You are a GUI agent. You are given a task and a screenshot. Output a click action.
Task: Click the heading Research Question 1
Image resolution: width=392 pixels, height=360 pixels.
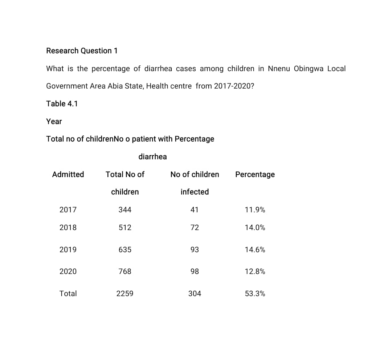point(82,51)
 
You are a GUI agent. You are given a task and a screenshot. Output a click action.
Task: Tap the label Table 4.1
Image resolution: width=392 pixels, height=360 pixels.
point(62,104)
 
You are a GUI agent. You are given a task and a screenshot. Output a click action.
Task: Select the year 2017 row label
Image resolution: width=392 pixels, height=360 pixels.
point(68,210)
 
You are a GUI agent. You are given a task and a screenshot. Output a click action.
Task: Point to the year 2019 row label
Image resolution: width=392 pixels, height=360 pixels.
point(68,250)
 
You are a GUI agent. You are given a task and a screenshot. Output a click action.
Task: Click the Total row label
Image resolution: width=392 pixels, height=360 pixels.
point(68,294)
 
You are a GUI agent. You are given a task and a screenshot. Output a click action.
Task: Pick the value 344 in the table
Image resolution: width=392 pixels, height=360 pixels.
point(125,210)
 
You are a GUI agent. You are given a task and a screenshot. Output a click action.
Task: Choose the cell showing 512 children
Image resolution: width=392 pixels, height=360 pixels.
point(125,228)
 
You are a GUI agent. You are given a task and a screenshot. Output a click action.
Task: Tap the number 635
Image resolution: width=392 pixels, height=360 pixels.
point(125,250)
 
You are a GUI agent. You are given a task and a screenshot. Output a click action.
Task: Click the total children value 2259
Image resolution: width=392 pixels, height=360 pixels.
point(125,294)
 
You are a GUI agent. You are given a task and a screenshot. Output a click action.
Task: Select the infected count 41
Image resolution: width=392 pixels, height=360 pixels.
point(195,210)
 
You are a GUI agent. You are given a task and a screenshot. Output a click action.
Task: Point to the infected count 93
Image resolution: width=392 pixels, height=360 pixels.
point(195,250)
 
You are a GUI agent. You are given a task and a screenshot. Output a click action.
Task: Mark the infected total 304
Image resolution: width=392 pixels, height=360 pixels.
point(195,294)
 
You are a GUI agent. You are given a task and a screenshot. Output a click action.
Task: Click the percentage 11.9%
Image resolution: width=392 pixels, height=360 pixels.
point(255,210)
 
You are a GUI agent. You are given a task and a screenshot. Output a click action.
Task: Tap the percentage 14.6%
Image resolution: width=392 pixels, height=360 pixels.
point(255,250)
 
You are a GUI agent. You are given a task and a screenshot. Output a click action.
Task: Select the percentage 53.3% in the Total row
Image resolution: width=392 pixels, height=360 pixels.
point(255,294)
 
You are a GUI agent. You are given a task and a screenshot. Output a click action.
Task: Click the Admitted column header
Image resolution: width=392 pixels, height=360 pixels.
point(68,175)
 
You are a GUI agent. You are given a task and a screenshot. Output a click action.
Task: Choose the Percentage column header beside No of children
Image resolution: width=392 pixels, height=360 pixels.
point(255,175)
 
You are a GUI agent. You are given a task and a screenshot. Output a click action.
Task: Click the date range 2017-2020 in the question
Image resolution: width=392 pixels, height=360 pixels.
point(234,86)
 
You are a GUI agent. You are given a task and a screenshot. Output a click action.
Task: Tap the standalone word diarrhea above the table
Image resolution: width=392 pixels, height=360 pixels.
point(152,157)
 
